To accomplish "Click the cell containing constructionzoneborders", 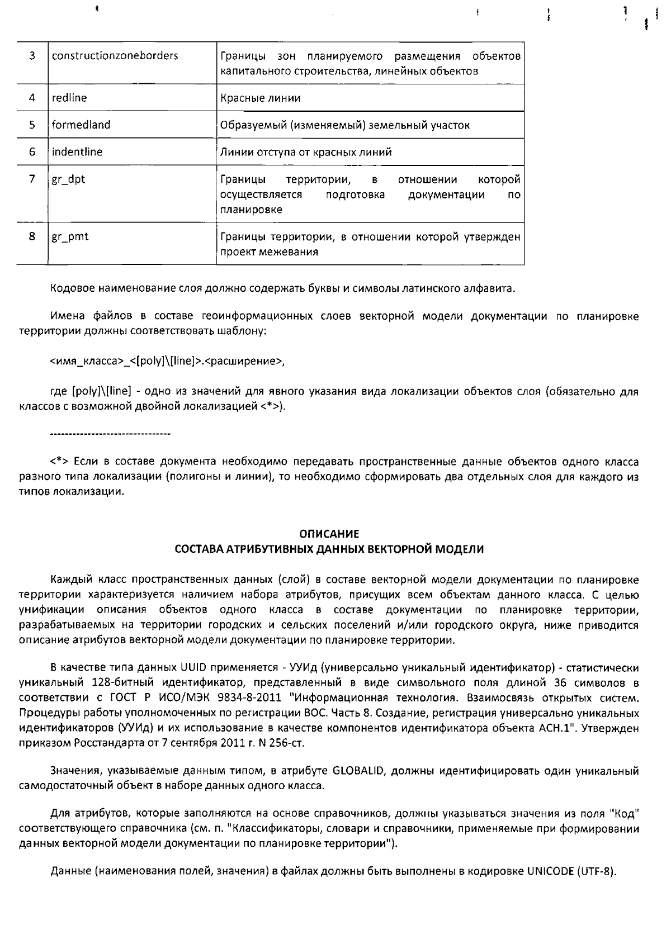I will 115,56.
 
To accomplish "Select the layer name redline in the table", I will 69,98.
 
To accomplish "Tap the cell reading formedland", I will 81,125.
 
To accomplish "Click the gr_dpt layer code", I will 69,180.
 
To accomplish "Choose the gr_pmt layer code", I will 70,237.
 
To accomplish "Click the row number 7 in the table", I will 32,179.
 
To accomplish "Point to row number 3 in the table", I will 32,55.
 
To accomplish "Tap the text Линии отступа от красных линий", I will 306,152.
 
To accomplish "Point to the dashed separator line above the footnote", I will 110,434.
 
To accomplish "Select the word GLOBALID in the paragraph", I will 358,771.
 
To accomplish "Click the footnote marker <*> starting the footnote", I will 59,462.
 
